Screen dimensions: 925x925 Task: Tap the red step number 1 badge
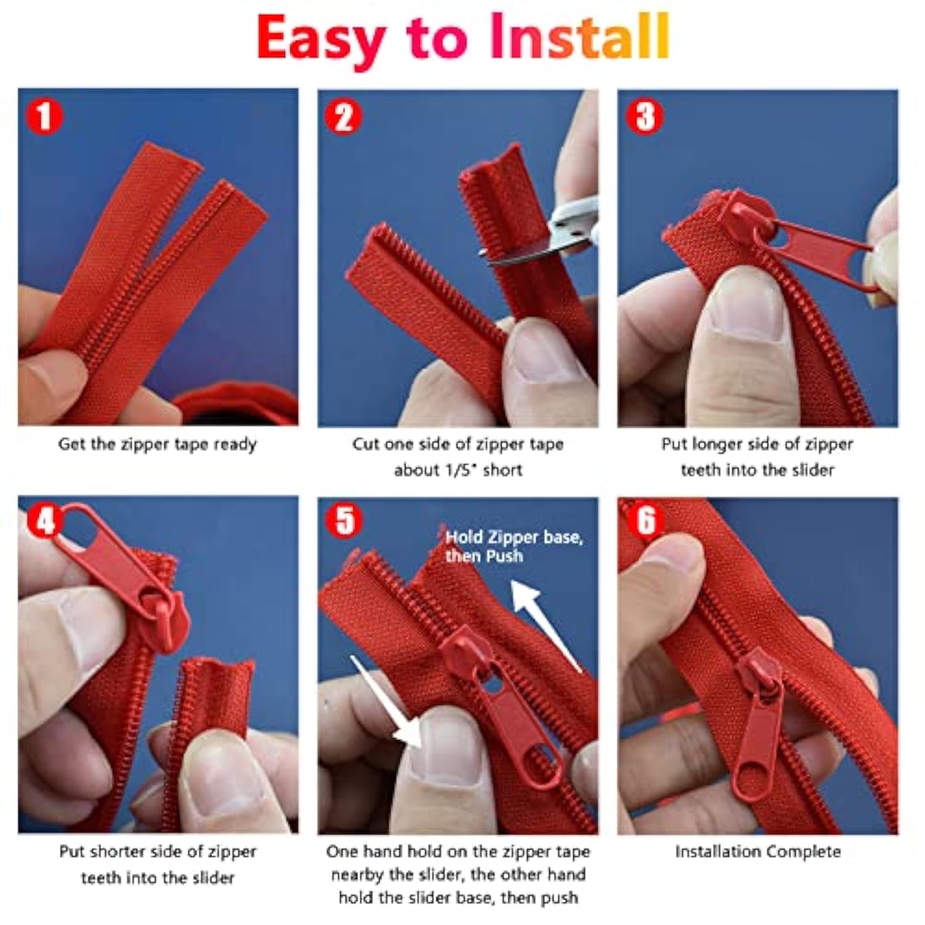pyautogui.click(x=44, y=117)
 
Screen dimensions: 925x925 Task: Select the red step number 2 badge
pyautogui.click(x=343, y=117)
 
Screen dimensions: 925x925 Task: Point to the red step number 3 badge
pyautogui.click(x=645, y=117)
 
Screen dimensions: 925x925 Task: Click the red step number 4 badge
pyautogui.click(x=45, y=522)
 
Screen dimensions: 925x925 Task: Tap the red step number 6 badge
pyautogui.click(x=645, y=522)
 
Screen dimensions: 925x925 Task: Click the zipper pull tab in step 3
pyautogui.click(x=820, y=253)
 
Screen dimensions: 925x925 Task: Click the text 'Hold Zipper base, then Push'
pyautogui.click(x=514, y=546)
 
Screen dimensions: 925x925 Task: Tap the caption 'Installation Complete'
pyautogui.click(x=758, y=852)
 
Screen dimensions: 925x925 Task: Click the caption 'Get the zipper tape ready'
pyautogui.click(x=157, y=445)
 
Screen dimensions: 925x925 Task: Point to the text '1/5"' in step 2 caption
pyautogui.click(x=461, y=470)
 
